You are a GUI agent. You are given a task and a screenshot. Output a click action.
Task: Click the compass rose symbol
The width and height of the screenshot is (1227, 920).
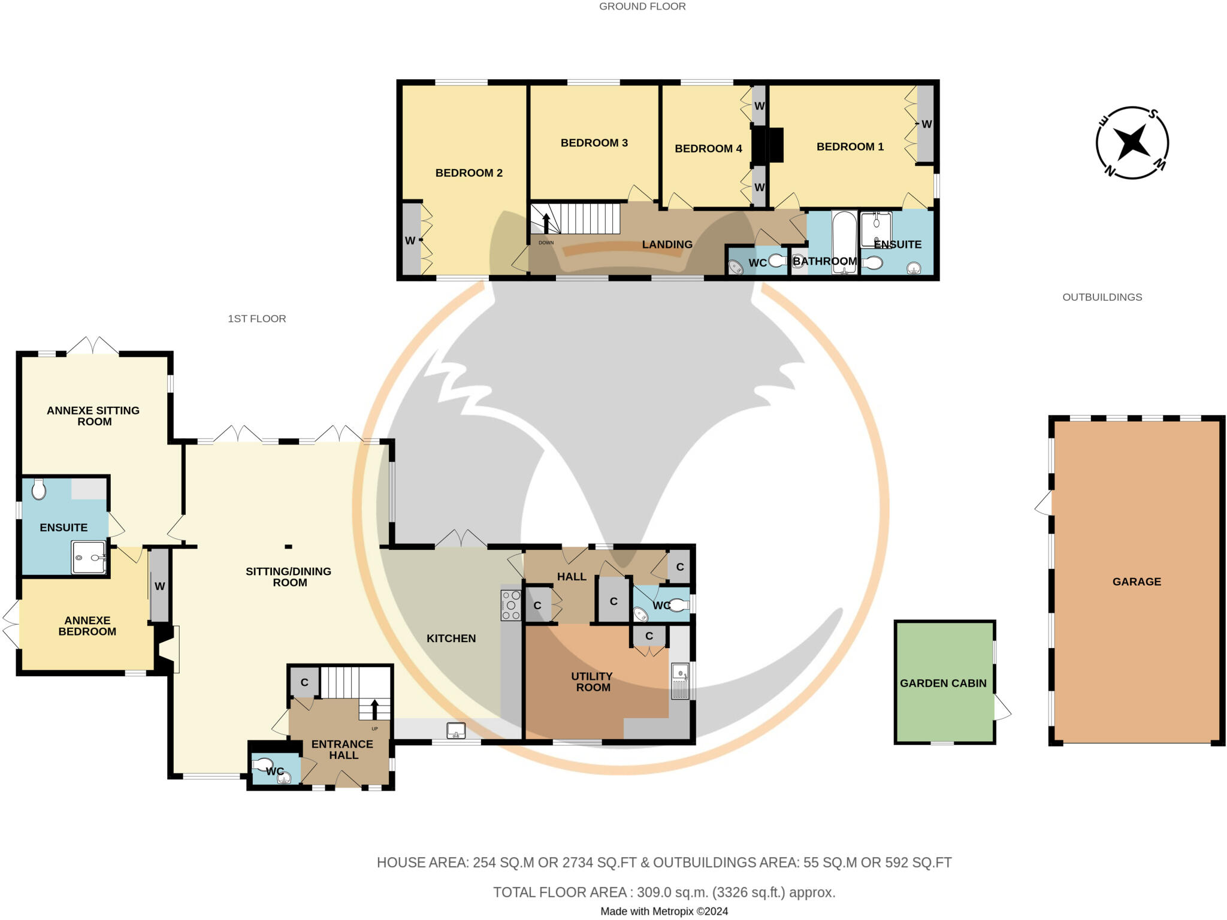[1132, 143]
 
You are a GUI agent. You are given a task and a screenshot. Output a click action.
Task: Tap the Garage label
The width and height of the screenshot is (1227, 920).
[1137, 582]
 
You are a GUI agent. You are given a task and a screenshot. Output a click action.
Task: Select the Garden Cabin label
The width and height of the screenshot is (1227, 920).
[943, 683]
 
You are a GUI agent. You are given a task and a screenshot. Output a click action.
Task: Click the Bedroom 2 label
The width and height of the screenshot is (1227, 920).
[469, 173]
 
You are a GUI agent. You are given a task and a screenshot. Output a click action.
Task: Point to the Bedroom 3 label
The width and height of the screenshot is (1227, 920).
[594, 143]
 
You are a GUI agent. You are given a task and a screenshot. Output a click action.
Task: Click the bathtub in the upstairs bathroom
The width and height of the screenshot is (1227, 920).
[845, 243]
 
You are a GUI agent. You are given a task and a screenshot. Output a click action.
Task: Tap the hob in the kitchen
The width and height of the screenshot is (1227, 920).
[511, 605]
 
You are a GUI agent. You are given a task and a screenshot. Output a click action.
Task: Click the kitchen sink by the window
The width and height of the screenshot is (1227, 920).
[456, 730]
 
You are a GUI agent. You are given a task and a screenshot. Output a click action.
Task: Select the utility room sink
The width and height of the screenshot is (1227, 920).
[681, 681]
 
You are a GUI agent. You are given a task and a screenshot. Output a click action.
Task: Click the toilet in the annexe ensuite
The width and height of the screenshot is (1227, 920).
[39, 489]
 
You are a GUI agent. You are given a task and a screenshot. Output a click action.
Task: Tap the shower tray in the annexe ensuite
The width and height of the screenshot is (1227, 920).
[89, 558]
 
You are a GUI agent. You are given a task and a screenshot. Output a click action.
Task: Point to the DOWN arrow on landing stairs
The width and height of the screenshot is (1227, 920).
[546, 223]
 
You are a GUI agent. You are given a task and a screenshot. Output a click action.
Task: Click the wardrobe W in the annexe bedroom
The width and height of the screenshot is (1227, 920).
[159, 586]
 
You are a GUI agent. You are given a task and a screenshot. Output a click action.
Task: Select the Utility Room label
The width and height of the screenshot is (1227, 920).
[592, 682]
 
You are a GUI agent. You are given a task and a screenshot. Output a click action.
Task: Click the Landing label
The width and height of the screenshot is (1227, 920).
[667, 244]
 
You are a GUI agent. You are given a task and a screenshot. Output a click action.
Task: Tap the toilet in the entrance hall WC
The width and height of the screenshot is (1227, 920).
[262, 764]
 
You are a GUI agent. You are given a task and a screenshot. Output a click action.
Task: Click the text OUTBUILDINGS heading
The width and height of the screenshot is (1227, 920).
[1102, 297]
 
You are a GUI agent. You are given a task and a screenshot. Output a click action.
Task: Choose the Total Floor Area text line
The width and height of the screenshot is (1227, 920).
[664, 892]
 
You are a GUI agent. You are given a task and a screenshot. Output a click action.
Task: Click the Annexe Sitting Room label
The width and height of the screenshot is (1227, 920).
[93, 416]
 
